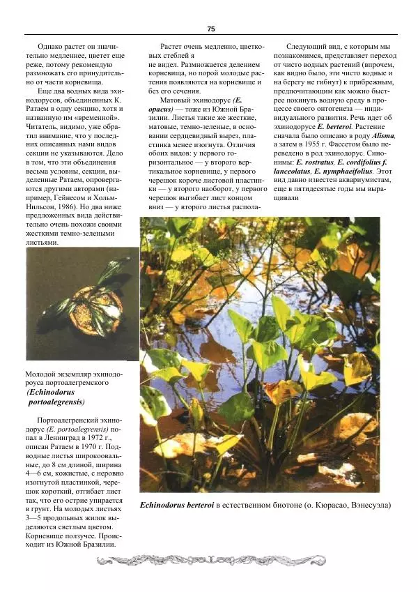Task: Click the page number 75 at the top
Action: pyautogui.click(x=210, y=29)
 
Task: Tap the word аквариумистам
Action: pyautogui.click(x=363, y=180)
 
